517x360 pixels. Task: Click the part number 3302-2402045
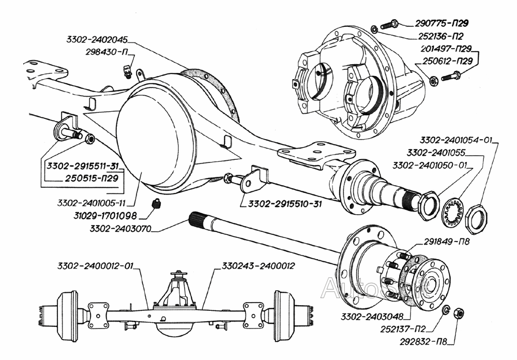click(97, 40)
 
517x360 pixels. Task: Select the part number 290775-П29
click(442, 23)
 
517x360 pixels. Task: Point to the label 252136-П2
click(441, 36)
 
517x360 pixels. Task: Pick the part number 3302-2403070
click(120, 228)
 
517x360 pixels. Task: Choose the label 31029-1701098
click(105, 216)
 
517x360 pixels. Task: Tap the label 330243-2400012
click(258, 266)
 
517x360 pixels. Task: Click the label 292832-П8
click(423, 342)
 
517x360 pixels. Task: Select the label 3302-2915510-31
click(285, 204)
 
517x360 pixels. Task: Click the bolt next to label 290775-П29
click(390, 24)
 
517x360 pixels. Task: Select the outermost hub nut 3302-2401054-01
click(477, 219)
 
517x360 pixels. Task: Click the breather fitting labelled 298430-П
click(127, 72)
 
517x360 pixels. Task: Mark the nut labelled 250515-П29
click(89, 139)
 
